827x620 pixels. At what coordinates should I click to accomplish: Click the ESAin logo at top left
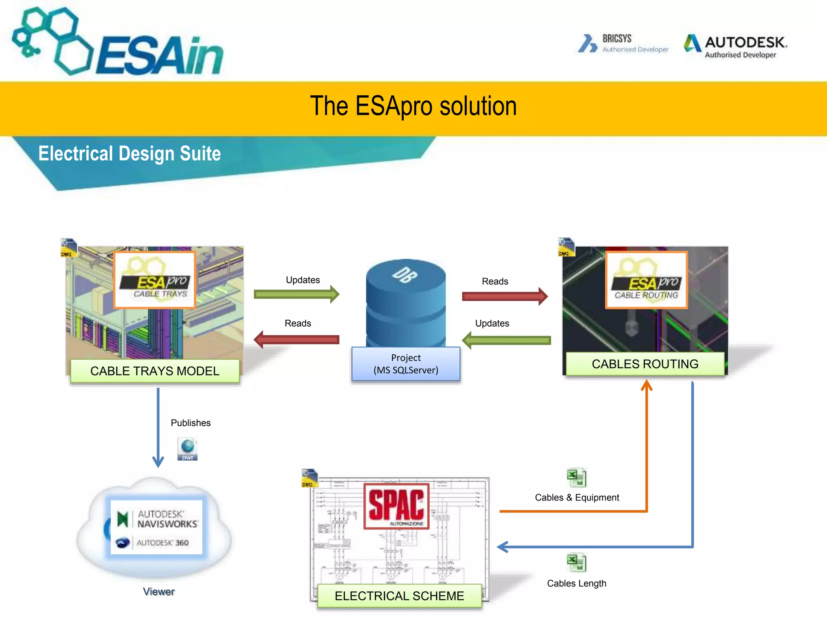[117, 42]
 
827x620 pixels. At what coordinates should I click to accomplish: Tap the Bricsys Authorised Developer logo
[623, 43]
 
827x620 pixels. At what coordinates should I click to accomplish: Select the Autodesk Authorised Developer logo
[735, 46]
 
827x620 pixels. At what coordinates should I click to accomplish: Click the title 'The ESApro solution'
[413, 106]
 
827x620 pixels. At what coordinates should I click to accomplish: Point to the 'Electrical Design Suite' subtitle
[129, 154]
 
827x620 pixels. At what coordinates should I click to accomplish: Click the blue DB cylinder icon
[406, 303]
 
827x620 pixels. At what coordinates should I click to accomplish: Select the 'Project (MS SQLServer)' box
[406, 364]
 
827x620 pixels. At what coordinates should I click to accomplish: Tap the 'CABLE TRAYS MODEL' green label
[155, 371]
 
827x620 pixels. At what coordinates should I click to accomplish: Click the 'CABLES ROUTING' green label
[645, 364]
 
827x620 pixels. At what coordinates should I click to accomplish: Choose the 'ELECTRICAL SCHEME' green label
[399, 595]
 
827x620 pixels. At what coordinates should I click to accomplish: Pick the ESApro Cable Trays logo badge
[155, 280]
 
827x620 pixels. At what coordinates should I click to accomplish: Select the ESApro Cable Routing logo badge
[646, 280]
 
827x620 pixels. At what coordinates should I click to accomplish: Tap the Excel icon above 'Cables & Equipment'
[576, 478]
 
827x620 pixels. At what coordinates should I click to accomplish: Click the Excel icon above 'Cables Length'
[576, 563]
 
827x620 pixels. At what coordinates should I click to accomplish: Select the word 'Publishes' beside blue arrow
[191, 423]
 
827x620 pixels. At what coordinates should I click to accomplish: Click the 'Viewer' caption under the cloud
[159, 591]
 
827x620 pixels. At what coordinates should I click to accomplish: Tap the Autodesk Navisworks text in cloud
[166, 519]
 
